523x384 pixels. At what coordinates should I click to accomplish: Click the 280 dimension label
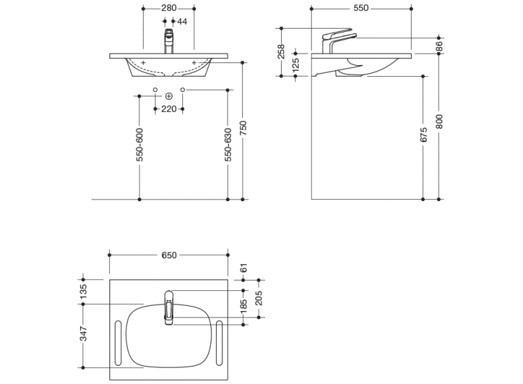(168, 8)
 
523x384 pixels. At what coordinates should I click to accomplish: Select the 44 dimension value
(182, 21)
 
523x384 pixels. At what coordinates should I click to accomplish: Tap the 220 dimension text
(169, 109)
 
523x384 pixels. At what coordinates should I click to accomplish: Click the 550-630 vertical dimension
(228, 144)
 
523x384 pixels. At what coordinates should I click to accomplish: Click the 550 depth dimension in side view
(361, 8)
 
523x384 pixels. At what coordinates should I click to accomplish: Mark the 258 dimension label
(282, 51)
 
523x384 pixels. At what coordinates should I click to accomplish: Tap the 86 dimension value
(440, 46)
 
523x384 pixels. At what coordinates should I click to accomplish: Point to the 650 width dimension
(168, 255)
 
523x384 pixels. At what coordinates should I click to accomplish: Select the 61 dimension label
(244, 268)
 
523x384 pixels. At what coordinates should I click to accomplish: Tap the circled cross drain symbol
(169, 96)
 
